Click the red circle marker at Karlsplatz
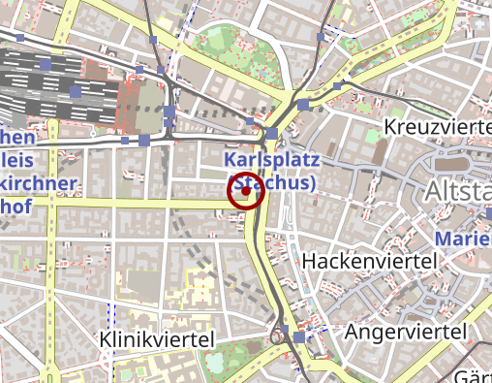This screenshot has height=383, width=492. tap(246, 191)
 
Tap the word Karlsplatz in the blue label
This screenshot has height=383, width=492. tap(265, 159)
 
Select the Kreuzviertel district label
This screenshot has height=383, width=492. tap(437, 128)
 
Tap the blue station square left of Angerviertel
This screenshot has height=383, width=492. tap(298, 336)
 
